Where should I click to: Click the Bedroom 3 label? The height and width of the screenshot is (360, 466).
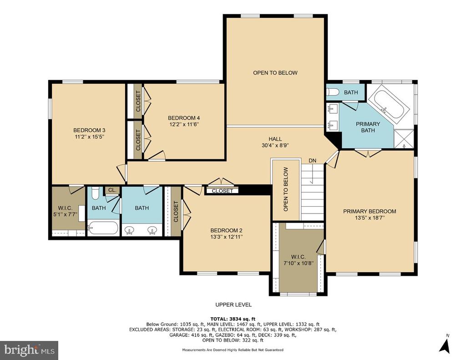tap(89, 130)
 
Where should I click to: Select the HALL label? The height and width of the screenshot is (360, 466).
tap(275, 139)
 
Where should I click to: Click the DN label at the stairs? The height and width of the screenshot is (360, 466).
tap(312, 161)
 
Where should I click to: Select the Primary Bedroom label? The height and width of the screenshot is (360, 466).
tap(370, 211)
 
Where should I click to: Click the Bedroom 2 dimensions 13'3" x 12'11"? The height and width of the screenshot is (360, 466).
tap(227, 237)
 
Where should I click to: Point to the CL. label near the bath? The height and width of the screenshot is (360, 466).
tap(112, 190)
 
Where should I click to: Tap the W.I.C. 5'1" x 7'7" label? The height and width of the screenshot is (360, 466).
tap(65, 211)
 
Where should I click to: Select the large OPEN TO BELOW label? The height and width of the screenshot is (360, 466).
tap(275, 73)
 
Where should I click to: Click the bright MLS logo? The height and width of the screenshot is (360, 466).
tap(29, 350)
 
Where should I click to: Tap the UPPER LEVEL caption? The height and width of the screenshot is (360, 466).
tap(233, 305)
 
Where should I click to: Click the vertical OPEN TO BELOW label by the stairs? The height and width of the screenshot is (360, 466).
tap(286, 189)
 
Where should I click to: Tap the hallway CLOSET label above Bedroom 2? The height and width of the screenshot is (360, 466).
tap(222, 191)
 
